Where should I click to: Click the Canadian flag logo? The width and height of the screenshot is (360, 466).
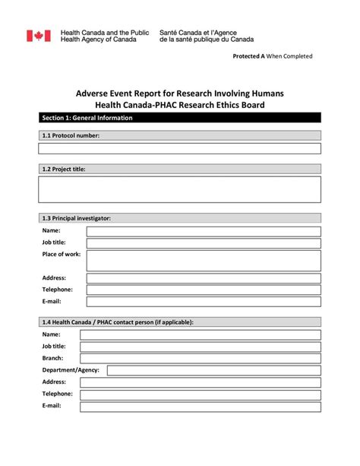click(39, 36)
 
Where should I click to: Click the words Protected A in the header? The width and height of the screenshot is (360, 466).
click(248, 57)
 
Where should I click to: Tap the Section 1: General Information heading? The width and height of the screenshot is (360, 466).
click(87, 118)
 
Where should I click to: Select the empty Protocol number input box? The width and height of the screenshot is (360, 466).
click(179, 149)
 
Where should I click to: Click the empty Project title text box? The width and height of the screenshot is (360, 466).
click(179, 189)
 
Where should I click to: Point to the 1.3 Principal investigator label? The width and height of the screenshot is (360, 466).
click(77, 218)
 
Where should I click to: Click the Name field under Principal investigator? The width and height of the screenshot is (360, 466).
click(203, 231)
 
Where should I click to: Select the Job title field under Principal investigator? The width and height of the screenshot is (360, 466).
click(203, 243)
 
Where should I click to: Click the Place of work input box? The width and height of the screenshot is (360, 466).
click(203, 260)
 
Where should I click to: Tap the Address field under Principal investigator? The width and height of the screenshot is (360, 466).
click(203, 278)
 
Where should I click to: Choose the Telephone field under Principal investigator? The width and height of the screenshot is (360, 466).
click(203, 290)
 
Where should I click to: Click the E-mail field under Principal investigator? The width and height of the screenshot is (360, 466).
click(203, 302)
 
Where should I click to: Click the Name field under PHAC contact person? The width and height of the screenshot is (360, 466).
click(200, 334)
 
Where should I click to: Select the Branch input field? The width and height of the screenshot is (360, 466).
click(200, 358)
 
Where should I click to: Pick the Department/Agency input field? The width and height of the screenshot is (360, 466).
click(213, 370)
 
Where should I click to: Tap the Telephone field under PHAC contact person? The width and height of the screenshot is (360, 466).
click(200, 395)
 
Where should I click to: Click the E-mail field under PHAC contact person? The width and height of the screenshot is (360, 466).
click(200, 407)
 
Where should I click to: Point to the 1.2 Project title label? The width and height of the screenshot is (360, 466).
click(64, 170)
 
